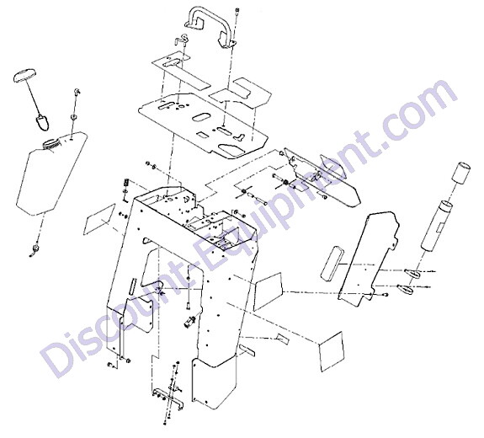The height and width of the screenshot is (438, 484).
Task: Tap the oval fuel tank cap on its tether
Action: click(24, 76)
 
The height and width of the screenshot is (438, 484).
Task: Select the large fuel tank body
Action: click(52, 174)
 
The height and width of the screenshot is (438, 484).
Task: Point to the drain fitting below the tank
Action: click(35, 249)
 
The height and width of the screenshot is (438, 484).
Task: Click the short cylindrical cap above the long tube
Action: click(461, 173)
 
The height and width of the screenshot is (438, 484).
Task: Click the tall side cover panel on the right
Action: click(369, 259)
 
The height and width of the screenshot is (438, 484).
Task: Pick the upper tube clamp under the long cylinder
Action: click(412, 273)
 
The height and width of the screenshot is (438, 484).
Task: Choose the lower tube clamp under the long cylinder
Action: click(405, 289)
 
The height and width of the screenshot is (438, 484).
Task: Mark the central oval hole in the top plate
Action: click(200, 118)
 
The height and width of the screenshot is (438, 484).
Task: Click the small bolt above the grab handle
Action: click(237, 11)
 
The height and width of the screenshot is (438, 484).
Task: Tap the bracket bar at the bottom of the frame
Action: click(168, 398)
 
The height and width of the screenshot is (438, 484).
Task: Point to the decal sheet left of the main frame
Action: click(99, 219)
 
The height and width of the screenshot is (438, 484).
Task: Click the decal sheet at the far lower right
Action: click(331, 351)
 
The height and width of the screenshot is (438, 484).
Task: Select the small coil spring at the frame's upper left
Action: click(126, 182)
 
